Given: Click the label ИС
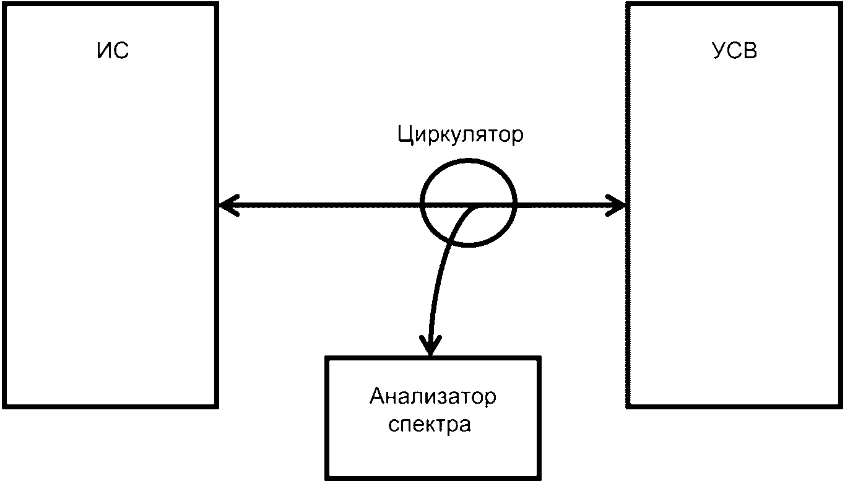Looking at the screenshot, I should [113, 51].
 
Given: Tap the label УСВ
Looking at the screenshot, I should [735, 51].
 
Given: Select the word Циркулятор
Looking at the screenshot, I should [461, 135].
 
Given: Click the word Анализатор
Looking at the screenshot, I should [433, 396].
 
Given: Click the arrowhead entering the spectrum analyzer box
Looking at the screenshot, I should [430, 347].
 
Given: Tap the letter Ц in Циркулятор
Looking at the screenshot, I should [405, 136].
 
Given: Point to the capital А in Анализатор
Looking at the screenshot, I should [378, 396].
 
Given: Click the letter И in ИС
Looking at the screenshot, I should [105, 51].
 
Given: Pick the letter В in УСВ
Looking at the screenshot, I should [750, 51].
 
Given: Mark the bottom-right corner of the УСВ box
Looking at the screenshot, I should [840, 406].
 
